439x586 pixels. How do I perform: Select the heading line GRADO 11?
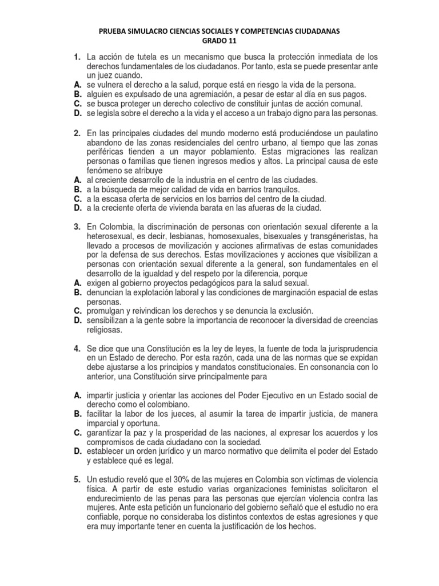coord(219,41)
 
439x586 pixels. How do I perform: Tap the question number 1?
coord(76,57)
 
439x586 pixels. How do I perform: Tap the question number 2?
coord(76,133)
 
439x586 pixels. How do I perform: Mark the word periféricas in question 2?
coord(106,152)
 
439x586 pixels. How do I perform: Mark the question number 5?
coord(76,480)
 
